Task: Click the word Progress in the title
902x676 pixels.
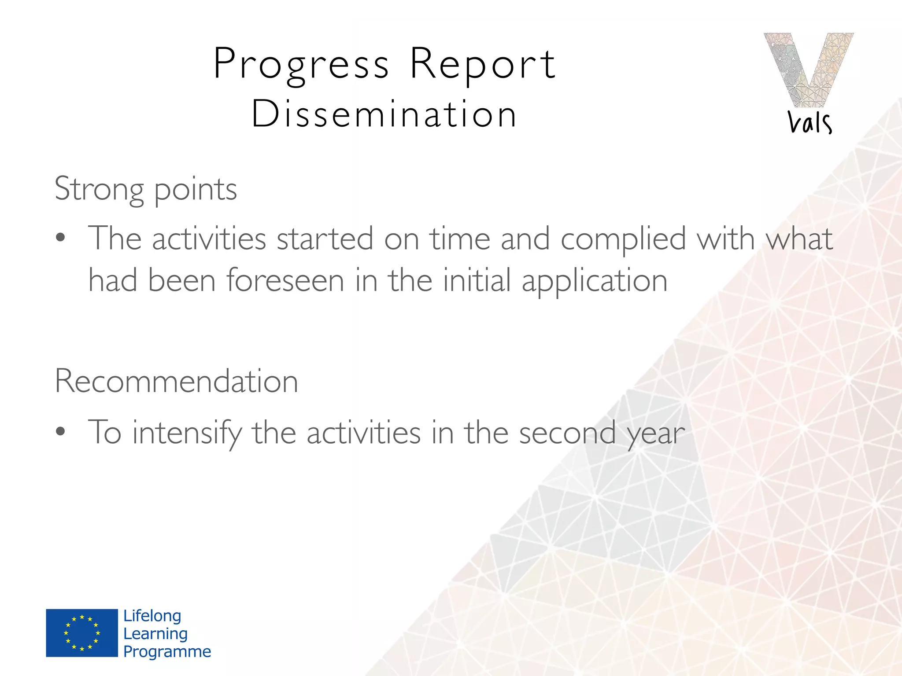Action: tap(301, 65)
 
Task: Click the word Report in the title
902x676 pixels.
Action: tap(483, 65)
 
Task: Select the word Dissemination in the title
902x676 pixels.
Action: tap(384, 114)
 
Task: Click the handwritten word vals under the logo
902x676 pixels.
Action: tap(810, 122)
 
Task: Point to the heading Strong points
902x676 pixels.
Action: tap(146, 189)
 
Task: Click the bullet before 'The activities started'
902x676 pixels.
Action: tap(61, 238)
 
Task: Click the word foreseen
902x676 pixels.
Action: tap(285, 280)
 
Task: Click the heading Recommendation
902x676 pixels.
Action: tap(176, 381)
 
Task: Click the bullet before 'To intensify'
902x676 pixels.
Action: tap(61, 432)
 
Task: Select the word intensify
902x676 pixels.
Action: tap(187, 433)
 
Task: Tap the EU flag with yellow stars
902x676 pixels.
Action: tap(82, 633)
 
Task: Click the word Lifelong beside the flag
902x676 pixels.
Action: tap(152, 616)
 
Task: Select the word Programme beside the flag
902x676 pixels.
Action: tap(167, 651)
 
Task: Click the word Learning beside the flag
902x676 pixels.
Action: tap(155, 634)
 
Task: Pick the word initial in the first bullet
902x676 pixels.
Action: tap(477, 280)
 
